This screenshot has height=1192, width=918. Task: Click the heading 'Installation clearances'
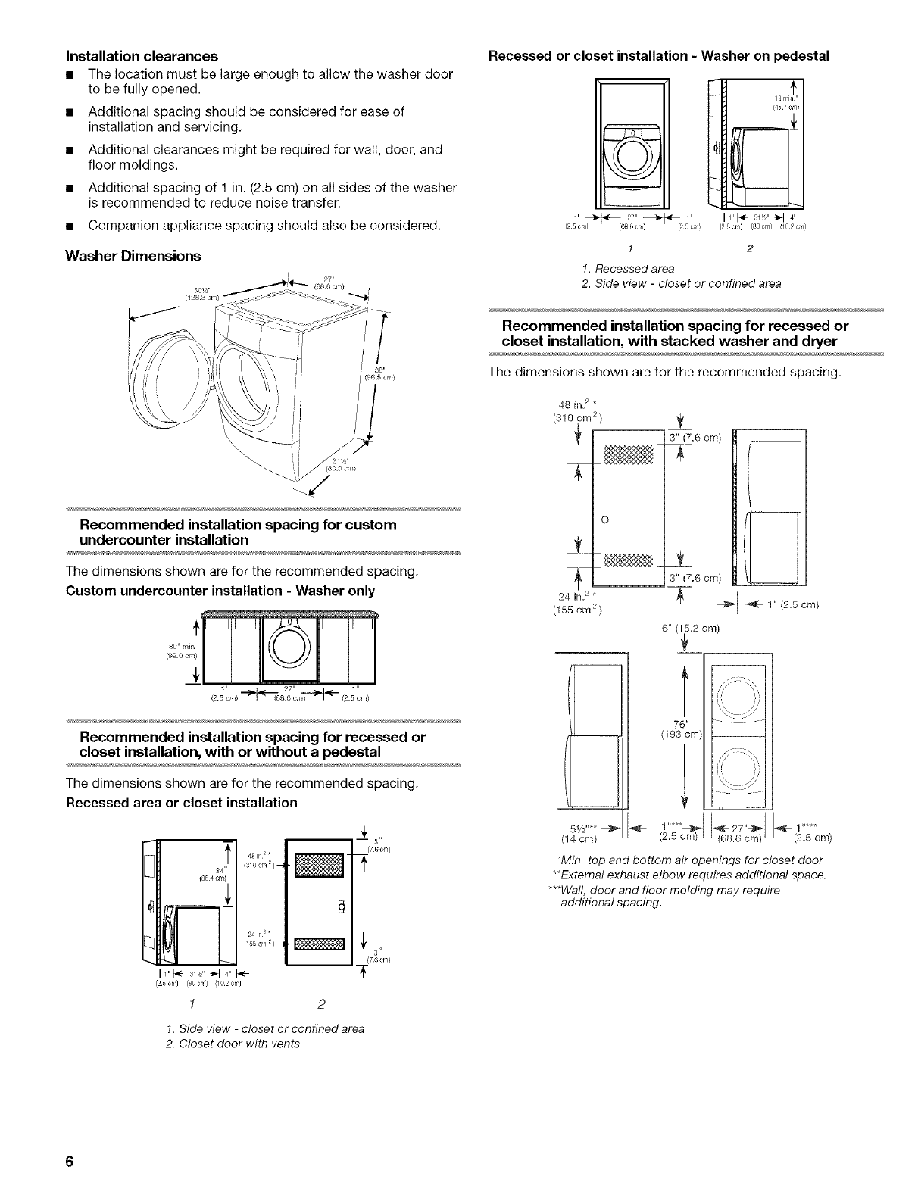click(x=142, y=56)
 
